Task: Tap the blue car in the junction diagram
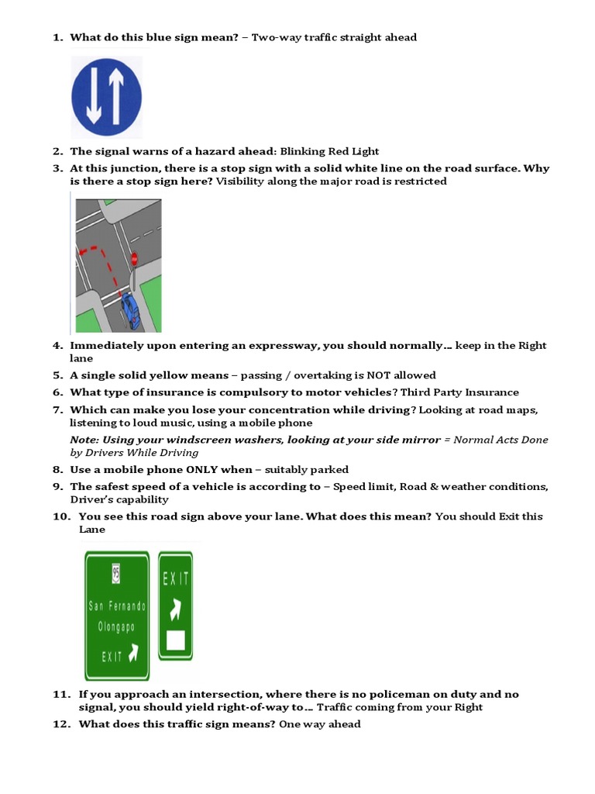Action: point(131,309)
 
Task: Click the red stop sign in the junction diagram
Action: point(134,257)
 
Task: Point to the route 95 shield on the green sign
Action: point(116,574)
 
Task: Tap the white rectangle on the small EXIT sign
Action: point(176,640)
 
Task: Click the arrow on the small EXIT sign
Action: point(176,609)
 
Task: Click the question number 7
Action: point(57,409)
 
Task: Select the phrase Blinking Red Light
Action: point(329,151)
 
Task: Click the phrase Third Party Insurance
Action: point(459,392)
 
